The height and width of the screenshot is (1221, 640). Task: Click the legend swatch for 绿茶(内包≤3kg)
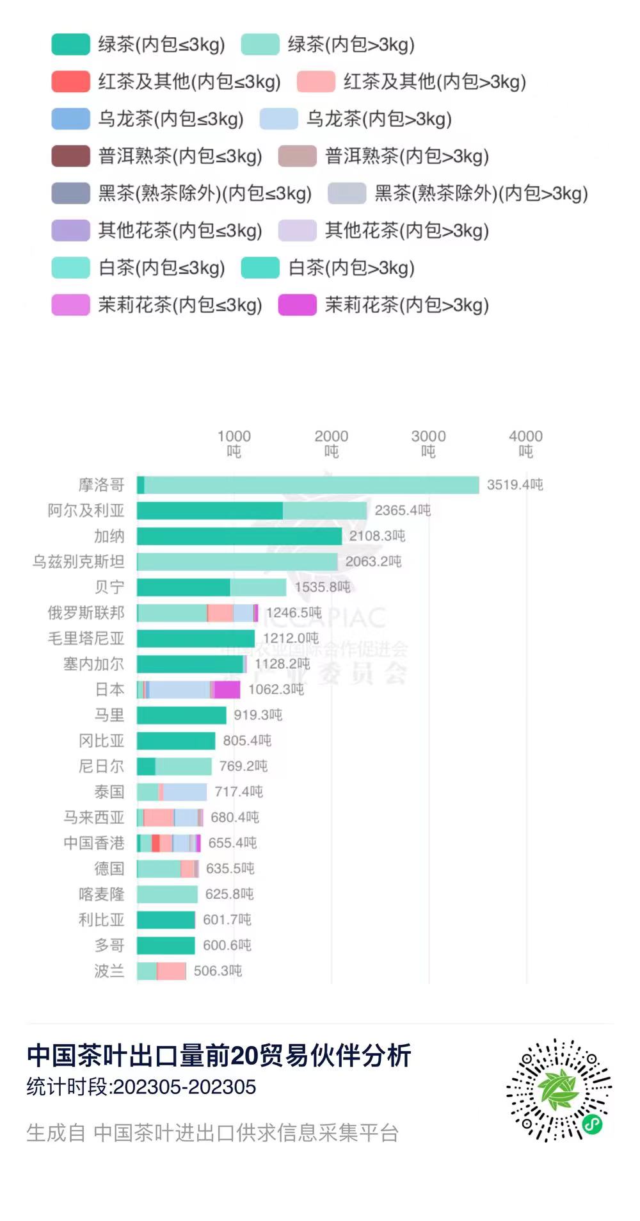pyautogui.click(x=70, y=45)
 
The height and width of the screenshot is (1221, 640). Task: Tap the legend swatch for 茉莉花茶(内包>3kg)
pyautogui.click(x=297, y=305)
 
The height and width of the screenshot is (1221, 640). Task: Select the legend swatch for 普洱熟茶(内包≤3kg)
pyautogui.click(x=70, y=156)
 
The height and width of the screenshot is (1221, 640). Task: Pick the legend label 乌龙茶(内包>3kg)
pyautogui.click(x=379, y=119)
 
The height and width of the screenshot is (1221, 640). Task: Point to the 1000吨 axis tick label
pyautogui.click(x=234, y=443)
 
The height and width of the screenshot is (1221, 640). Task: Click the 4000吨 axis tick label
pyautogui.click(x=525, y=443)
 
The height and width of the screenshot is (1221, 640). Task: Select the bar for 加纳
pyautogui.click(x=239, y=536)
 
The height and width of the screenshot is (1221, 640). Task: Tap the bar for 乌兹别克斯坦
pyautogui.click(x=237, y=562)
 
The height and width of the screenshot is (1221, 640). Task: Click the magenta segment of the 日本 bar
pyautogui.click(x=227, y=690)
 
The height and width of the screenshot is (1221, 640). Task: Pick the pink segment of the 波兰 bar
pyautogui.click(x=172, y=971)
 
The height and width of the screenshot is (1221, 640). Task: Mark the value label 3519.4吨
pyautogui.click(x=515, y=485)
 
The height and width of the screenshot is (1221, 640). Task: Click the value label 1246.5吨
pyautogui.click(x=294, y=613)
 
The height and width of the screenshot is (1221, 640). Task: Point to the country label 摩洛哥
pyautogui.click(x=101, y=485)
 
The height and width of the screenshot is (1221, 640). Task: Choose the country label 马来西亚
pyautogui.click(x=93, y=817)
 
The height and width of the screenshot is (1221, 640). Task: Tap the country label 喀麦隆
pyautogui.click(x=101, y=894)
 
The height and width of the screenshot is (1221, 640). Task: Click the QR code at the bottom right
pyautogui.click(x=559, y=1090)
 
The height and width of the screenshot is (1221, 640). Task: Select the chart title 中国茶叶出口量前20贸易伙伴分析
pyautogui.click(x=219, y=1056)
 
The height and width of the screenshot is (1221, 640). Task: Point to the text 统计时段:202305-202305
pyautogui.click(x=141, y=1087)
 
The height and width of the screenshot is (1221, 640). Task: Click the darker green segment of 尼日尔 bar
pyautogui.click(x=146, y=766)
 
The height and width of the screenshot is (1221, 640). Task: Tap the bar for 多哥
pyautogui.click(x=166, y=946)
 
